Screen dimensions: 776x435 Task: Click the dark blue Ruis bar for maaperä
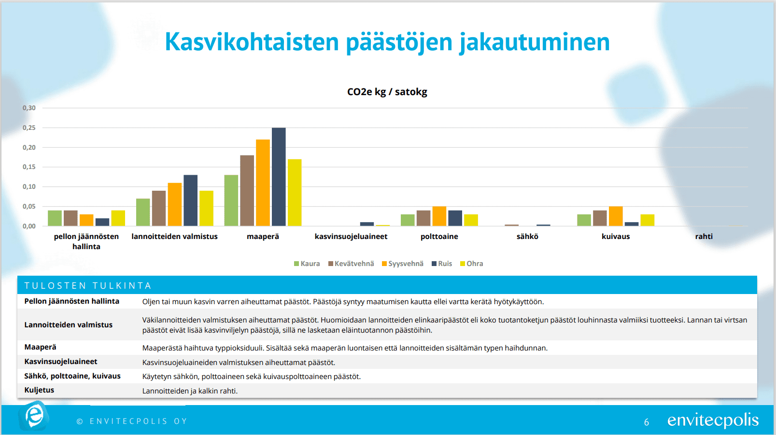(x=279, y=177)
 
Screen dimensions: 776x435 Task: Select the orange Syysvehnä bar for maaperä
(x=263, y=183)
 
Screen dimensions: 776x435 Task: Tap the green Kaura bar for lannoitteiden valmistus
(x=143, y=212)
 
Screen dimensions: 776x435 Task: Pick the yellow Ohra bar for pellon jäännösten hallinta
(x=118, y=218)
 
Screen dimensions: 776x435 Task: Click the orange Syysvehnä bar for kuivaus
(x=616, y=216)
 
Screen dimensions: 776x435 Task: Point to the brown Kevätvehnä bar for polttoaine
(x=423, y=218)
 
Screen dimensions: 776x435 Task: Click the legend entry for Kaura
(x=307, y=264)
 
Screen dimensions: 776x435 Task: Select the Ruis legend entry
(x=442, y=264)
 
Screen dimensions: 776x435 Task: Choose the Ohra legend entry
(x=471, y=264)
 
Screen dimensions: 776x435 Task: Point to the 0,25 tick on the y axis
(x=29, y=128)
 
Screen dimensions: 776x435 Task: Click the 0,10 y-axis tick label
(x=29, y=187)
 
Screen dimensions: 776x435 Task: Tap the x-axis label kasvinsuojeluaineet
(x=351, y=237)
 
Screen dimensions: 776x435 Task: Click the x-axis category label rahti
(x=704, y=237)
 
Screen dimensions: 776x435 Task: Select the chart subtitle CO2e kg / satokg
(x=387, y=92)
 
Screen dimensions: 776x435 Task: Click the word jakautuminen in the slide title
(x=535, y=42)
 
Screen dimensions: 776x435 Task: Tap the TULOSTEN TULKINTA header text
(x=88, y=286)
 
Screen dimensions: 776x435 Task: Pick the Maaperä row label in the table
(x=40, y=347)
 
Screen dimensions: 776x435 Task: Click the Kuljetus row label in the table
(x=39, y=390)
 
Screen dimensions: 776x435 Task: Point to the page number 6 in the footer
(x=647, y=422)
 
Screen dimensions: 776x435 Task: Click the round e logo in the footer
(x=34, y=416)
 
